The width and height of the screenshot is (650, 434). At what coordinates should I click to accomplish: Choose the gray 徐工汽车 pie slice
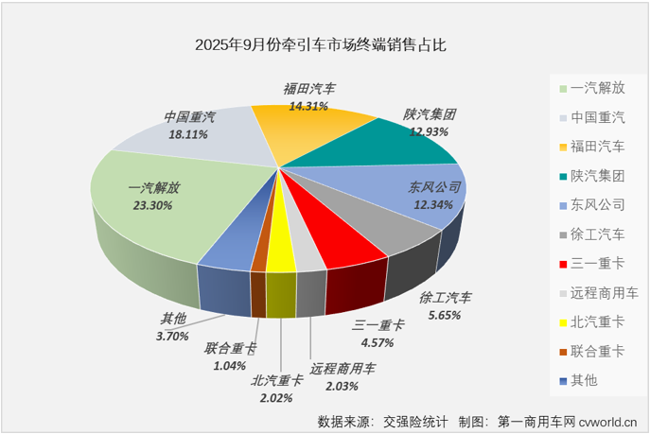[x=374, y=232]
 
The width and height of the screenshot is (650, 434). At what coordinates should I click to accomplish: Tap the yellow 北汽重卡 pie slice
[x=280, y=252]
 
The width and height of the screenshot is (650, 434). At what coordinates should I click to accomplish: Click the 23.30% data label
[x=149, y=202]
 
